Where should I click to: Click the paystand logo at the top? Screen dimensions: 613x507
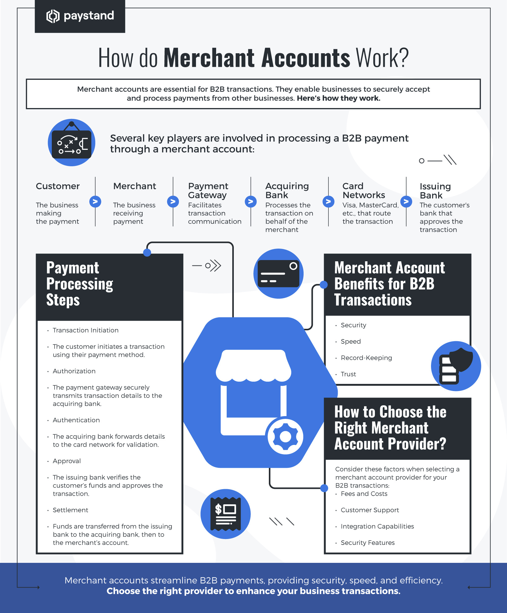[80, 16]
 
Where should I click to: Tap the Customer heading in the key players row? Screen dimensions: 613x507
[58, 186]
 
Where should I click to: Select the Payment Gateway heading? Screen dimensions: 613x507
[208, 190]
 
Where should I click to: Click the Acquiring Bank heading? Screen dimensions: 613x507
[287, 190]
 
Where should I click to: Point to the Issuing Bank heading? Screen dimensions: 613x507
[435, 191]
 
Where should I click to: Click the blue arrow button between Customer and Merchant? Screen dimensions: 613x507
[95, 202]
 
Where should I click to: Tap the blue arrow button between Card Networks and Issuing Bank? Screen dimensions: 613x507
[406, 202]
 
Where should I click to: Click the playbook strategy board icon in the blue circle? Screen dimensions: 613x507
[72, 143]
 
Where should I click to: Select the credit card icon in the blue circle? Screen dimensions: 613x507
[278, 274]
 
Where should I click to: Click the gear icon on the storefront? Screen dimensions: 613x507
[285, 437]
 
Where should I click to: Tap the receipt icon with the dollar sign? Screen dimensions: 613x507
[225, 514]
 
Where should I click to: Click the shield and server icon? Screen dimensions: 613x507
[456, 366]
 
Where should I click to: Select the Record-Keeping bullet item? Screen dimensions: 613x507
[366, 358]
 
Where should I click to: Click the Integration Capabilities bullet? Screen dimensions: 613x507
[377, 526]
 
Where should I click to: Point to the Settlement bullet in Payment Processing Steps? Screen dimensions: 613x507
[70, 510]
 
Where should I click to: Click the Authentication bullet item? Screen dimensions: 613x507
[76, 420]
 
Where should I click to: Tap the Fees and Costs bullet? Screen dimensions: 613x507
[364, 494]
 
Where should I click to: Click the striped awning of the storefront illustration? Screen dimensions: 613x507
[253, 365]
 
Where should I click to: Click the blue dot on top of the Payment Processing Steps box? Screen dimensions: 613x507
[147, 253]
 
